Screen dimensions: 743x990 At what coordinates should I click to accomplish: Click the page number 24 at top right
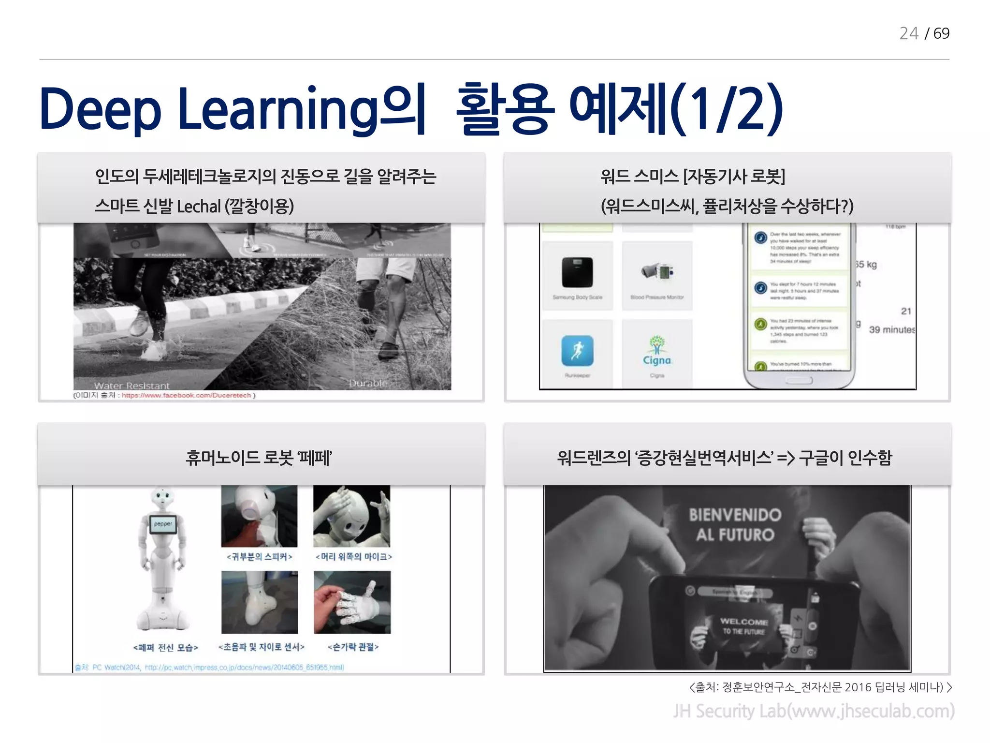point(908,33)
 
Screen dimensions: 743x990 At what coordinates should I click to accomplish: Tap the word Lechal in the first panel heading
point(199,207)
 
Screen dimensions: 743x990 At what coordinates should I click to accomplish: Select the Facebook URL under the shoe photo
point(186,395)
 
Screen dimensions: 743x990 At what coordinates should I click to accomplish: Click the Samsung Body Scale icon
point(577,272)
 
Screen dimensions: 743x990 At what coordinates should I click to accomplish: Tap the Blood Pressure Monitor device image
point(657,271)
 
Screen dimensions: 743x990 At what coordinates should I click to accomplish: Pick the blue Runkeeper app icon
point(577,351)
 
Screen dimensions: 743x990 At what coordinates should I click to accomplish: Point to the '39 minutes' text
point(892,329)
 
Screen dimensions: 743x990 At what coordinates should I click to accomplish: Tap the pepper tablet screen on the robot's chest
point(163,524)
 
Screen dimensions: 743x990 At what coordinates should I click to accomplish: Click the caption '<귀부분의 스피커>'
point(260,557)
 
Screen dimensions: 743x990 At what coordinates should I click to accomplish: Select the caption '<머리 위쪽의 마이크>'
point(353,557)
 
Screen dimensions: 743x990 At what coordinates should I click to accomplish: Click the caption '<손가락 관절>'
point(353,647)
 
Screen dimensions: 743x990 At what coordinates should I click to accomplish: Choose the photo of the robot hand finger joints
point(352,602)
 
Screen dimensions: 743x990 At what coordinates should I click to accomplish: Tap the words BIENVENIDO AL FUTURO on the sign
point(735,525)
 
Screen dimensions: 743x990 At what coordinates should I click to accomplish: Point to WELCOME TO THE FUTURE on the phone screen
point(744,626)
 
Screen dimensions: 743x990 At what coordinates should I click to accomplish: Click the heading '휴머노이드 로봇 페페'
point(259,458)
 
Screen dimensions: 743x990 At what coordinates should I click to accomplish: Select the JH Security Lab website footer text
point(814,711)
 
